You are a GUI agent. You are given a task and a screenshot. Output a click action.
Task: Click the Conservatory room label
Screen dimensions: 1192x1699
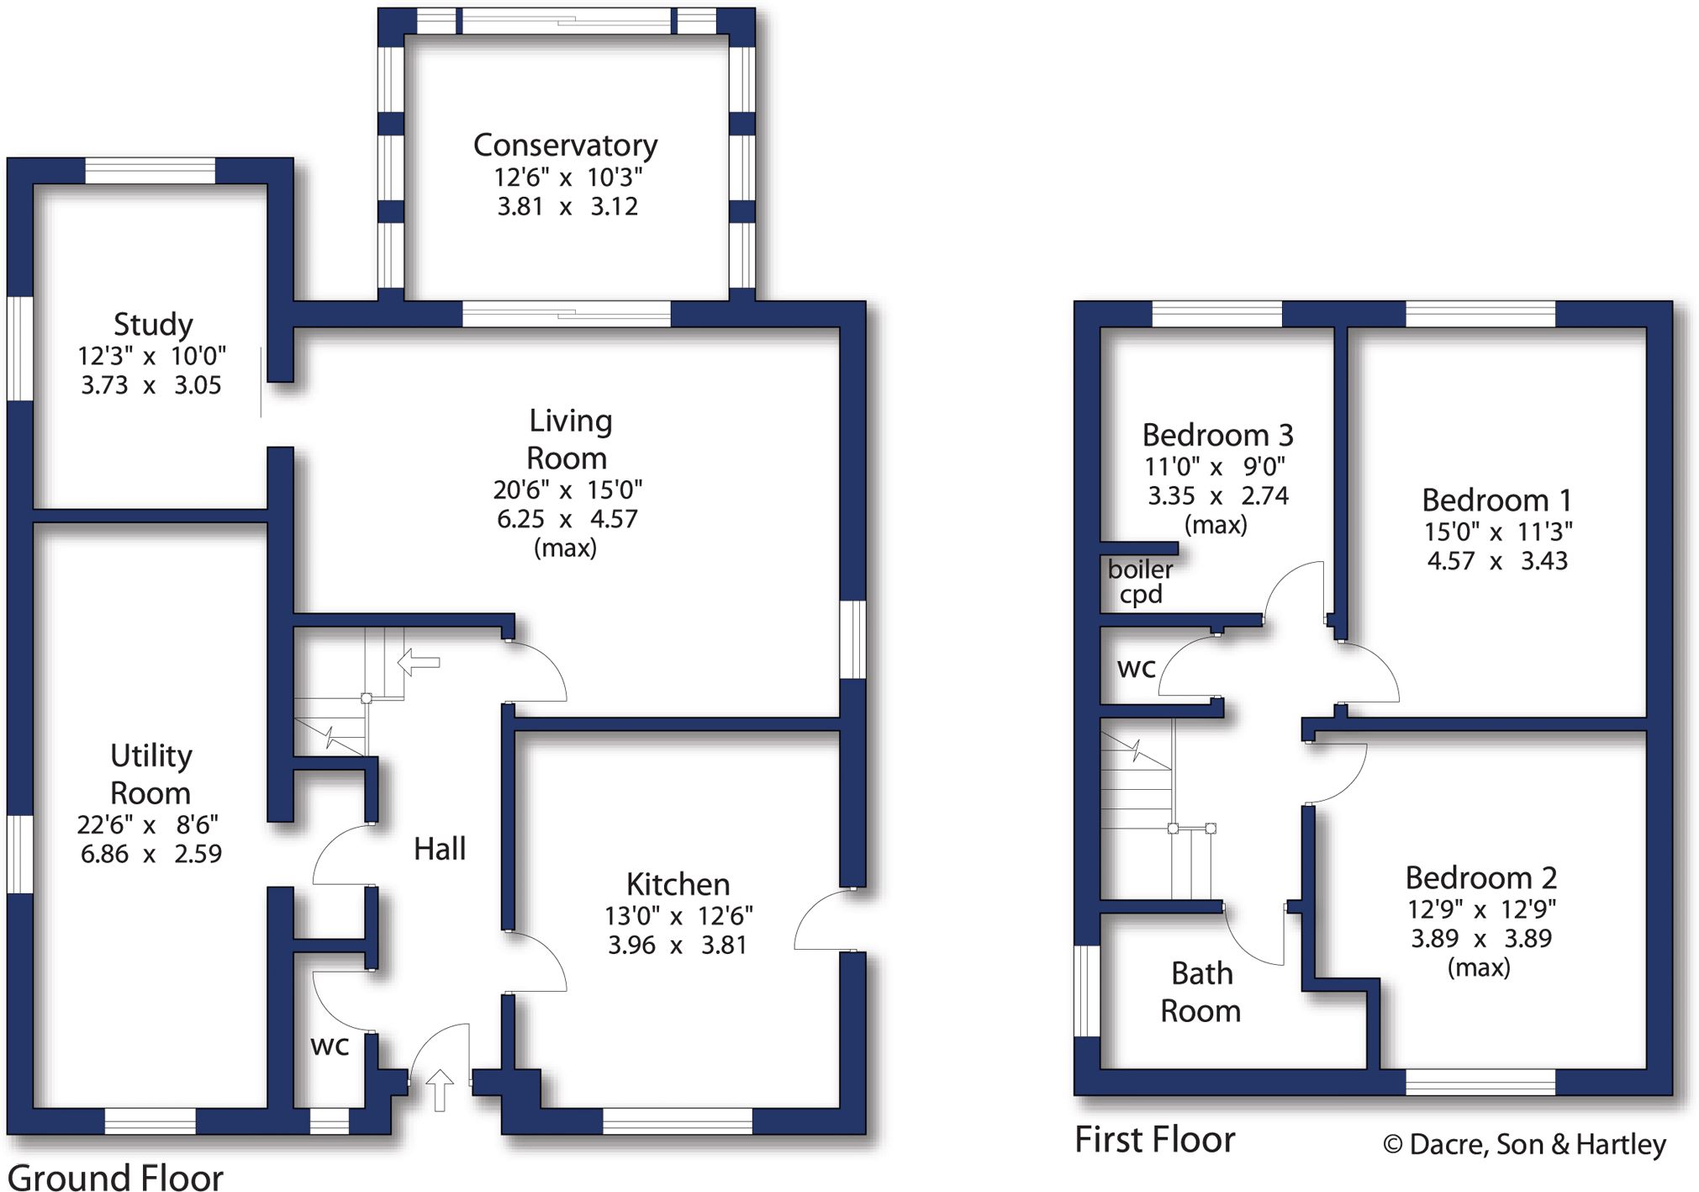[565, 146]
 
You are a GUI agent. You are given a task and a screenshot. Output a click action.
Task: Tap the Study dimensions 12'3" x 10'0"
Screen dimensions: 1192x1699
[151, 357]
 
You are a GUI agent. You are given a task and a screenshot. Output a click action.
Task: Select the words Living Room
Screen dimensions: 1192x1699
[568, 439]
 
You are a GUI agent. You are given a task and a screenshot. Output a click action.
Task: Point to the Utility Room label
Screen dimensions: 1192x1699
[151, 774]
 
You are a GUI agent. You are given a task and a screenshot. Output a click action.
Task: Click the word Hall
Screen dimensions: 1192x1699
[440, 849]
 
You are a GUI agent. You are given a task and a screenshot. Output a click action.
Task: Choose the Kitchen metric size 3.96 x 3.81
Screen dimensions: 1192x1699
[677, 946]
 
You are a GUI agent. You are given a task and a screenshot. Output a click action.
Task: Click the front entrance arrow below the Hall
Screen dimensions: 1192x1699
[440, 1090]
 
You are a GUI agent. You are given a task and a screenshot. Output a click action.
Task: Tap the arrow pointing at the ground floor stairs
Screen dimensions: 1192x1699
[418, 662]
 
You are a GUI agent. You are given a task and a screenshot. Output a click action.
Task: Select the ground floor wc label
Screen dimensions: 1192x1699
[330, 1046]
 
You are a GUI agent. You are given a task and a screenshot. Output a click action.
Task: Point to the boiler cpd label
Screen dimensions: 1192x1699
[1140, 581]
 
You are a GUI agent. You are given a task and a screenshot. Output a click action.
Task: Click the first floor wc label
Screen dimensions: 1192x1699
[1137, 668]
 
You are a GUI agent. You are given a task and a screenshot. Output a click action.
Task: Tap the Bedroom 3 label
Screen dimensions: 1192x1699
[1217, 435]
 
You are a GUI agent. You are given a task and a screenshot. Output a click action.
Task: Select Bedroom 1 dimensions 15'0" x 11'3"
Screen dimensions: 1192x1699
[1497, 532]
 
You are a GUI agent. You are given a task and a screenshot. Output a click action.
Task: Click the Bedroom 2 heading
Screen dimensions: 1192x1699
[1480, 877]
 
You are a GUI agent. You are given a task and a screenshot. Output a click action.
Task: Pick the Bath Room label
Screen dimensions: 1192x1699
[1201, 992]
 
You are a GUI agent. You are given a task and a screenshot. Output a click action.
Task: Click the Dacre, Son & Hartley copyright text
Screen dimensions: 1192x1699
[1524, 1144]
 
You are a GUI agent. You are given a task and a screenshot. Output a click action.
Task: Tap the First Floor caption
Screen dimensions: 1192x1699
[1155, 1140]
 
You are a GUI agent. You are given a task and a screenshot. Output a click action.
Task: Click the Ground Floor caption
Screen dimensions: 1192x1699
[115, 1177]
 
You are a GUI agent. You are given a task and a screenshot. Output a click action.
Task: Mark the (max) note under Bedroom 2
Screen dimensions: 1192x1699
[1479, 967]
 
